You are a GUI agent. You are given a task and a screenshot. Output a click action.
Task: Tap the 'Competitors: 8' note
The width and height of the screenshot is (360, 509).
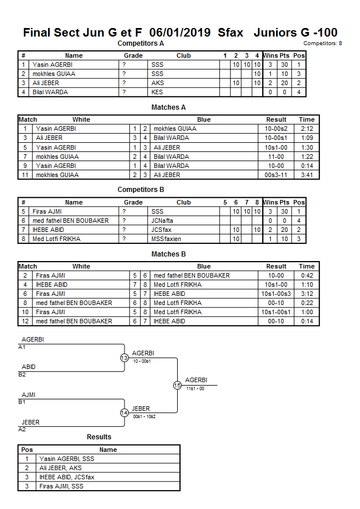click(322, 43)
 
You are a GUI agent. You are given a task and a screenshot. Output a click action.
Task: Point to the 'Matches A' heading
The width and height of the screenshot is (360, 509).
click(168, 107)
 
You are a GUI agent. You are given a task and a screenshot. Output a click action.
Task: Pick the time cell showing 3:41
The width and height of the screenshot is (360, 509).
click(306, 175)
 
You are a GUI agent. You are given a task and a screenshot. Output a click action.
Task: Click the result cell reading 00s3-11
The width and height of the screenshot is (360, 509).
click(276, 175)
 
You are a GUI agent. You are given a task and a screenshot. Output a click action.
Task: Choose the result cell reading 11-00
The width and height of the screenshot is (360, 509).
click(276, 157)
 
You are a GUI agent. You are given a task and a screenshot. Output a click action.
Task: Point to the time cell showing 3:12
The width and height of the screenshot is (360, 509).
click(306, 294)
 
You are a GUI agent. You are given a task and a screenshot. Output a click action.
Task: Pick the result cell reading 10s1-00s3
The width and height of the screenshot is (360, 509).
click(276, 294)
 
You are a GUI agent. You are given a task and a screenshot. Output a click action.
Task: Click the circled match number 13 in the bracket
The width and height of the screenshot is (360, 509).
click(124, 358)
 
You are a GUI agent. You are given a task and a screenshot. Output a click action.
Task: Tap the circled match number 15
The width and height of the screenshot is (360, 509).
click(177, 385)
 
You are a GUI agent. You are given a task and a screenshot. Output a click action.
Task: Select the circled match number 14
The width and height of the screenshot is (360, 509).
click(124, 412)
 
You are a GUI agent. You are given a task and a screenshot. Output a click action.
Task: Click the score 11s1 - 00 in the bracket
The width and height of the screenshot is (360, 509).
click(195, 388)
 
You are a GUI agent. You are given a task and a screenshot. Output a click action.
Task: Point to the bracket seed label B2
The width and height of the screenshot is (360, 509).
click(22, 375)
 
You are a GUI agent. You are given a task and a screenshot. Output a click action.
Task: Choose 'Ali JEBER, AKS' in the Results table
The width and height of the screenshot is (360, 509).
click(61, 468)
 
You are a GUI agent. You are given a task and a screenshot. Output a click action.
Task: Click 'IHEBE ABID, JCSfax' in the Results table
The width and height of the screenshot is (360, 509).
click(67, 477)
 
